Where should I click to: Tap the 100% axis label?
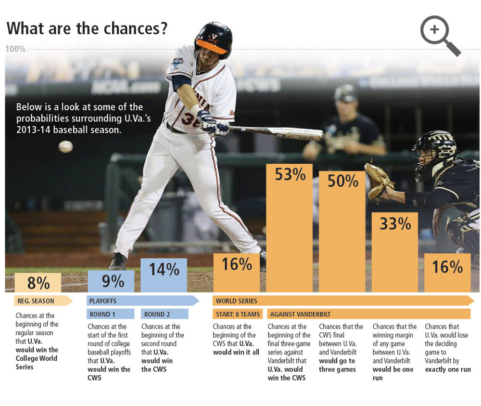click(15, 49)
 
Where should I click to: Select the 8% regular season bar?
click(38, 283)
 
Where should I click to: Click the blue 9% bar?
click(111, 281)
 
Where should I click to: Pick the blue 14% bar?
click(164, 275)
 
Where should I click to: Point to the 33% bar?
click(395, 252)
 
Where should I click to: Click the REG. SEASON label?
click(36, 301)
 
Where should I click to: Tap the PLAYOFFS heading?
click(103, 301)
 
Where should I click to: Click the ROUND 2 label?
click(158, 314)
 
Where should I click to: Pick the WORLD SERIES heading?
click(236, 301)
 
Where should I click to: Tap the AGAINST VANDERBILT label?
click(300, 314)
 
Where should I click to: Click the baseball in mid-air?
click(65, 146)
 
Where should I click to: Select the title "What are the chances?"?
click(87, 28)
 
